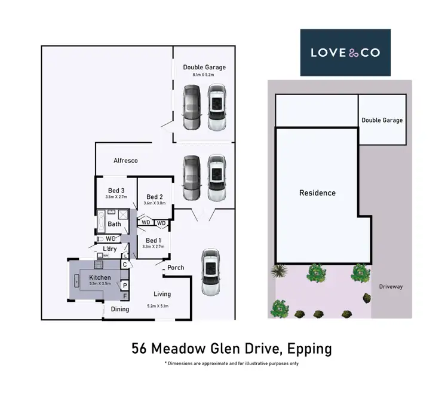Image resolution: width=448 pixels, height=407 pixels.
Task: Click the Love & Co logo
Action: coord(345,53)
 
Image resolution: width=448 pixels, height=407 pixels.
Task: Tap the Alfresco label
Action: coord(125,161)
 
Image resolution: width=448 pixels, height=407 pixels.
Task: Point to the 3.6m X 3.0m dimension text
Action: coord(154,204)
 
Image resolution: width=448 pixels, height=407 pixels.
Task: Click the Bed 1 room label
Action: coord(154,240)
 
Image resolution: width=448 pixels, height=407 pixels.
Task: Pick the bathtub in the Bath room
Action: coord(101,224)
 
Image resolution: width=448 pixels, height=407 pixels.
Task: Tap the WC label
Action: coord(111,238)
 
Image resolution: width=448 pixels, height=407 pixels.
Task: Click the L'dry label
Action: coord(110,249)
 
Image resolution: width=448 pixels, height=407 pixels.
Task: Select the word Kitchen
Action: coord(100,278)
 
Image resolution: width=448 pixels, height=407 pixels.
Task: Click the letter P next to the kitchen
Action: coord(125,285)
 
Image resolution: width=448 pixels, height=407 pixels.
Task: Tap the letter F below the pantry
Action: coord(125,296)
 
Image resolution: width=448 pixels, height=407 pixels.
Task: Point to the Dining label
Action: coord(120,309)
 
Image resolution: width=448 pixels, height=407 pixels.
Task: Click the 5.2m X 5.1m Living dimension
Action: coord(158,306)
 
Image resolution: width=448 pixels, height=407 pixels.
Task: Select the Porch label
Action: coord(176,268)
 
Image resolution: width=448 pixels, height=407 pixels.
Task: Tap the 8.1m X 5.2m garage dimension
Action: coord(204,75)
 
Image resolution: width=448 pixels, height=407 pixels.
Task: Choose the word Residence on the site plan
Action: coord(317,193)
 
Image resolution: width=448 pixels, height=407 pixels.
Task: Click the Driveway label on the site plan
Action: coord(391,287)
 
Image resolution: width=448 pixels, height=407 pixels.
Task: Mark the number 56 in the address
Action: coord(140,348)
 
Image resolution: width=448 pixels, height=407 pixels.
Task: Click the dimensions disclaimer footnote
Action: coord(231,363)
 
